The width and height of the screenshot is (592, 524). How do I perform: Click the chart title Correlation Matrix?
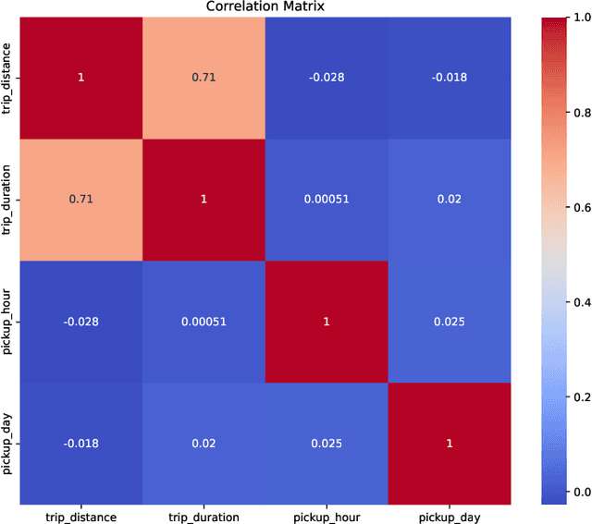point(265,8)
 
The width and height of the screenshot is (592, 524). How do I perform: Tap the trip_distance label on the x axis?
point(80,516)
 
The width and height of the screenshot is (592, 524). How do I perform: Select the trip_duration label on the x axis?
point(203,516)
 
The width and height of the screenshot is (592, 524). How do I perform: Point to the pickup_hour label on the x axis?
point(327,516)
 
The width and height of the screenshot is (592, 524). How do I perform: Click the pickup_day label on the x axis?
point(450,516)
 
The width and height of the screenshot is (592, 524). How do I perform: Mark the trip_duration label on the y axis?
point(9,200)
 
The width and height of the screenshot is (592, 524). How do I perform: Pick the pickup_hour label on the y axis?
point(9,322)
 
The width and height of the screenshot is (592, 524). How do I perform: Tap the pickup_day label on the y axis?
point(9,444)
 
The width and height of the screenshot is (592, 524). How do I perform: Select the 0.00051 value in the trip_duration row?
point(327,200)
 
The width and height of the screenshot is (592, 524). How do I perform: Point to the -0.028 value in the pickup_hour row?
point(80,322)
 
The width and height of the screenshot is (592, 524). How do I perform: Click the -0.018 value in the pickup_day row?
point(80,444)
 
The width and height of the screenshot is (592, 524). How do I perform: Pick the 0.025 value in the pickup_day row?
point(327,444)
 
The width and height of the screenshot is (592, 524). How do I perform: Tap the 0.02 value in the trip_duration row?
point(450,200)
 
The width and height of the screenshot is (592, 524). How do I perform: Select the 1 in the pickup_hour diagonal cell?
point(327,322)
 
